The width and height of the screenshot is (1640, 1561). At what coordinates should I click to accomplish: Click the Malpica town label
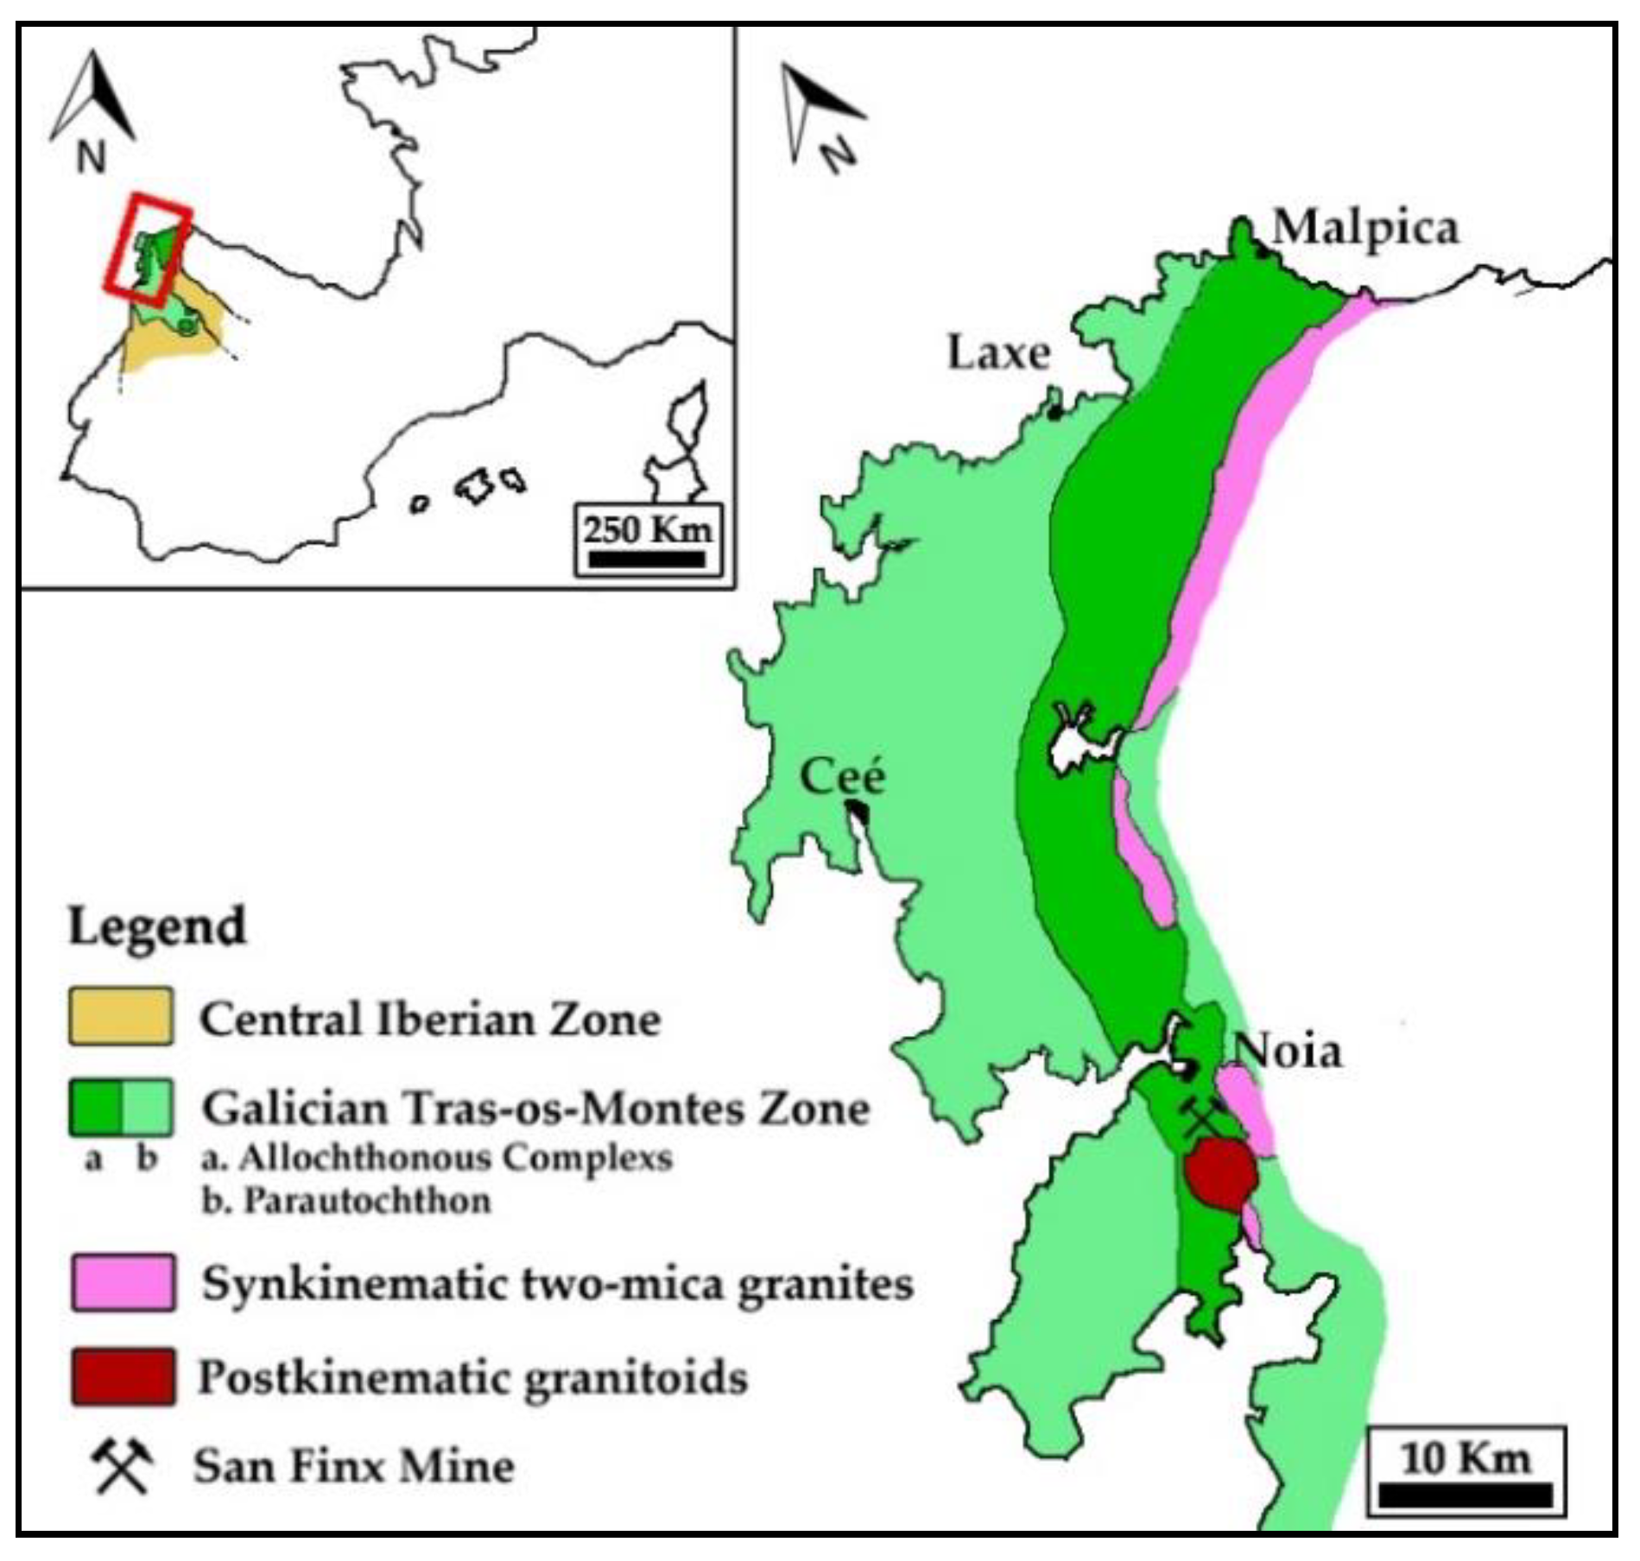[x=1365, y=229]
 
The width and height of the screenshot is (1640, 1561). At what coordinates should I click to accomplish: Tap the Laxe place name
[x=998, y=353]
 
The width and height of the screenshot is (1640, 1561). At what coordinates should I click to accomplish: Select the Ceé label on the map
[x=842, y=775]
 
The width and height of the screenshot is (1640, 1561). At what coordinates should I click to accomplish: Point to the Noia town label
[x=1287, y=1052]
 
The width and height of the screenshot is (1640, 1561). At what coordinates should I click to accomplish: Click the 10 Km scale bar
[x=1465, y=1495]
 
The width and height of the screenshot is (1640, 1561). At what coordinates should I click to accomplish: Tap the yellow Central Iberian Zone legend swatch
[x=121, y=1017]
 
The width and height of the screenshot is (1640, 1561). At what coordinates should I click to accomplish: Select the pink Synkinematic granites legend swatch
[x=123, y=1283]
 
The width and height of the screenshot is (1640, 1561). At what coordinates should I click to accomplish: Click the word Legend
[x=157, y=926]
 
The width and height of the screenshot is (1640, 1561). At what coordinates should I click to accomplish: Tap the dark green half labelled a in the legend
[x=95, y=1107]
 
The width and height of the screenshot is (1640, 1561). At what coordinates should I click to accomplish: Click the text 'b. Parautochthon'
[x=345, y=1201]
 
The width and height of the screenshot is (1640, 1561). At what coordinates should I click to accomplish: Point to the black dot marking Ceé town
[x=858, y=808]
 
